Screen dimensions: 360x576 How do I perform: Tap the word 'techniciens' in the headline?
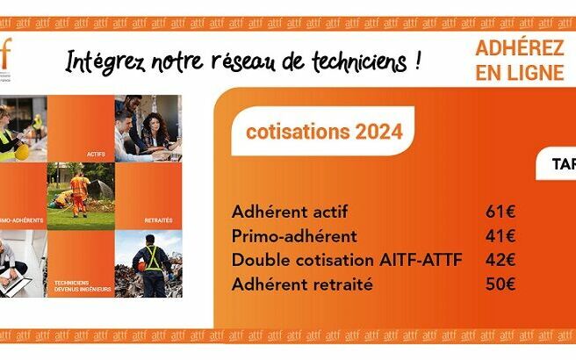tap(362, 61)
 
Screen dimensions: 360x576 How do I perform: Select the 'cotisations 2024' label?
tap(324, 133)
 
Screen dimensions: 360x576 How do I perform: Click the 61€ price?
tap(500, 212)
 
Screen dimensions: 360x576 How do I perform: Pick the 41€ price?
tap(500, 236)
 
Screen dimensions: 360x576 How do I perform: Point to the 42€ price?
tap(500, 260)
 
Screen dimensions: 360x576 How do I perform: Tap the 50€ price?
tap(500, 284)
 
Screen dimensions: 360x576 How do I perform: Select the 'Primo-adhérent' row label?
tap(294, 236)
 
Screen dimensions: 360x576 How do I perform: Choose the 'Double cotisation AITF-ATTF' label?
tap(346, 260)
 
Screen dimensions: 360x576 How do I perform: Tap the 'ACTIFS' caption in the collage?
tap(96, 155)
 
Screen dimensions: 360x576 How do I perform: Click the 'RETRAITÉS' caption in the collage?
tap(158, 219)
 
